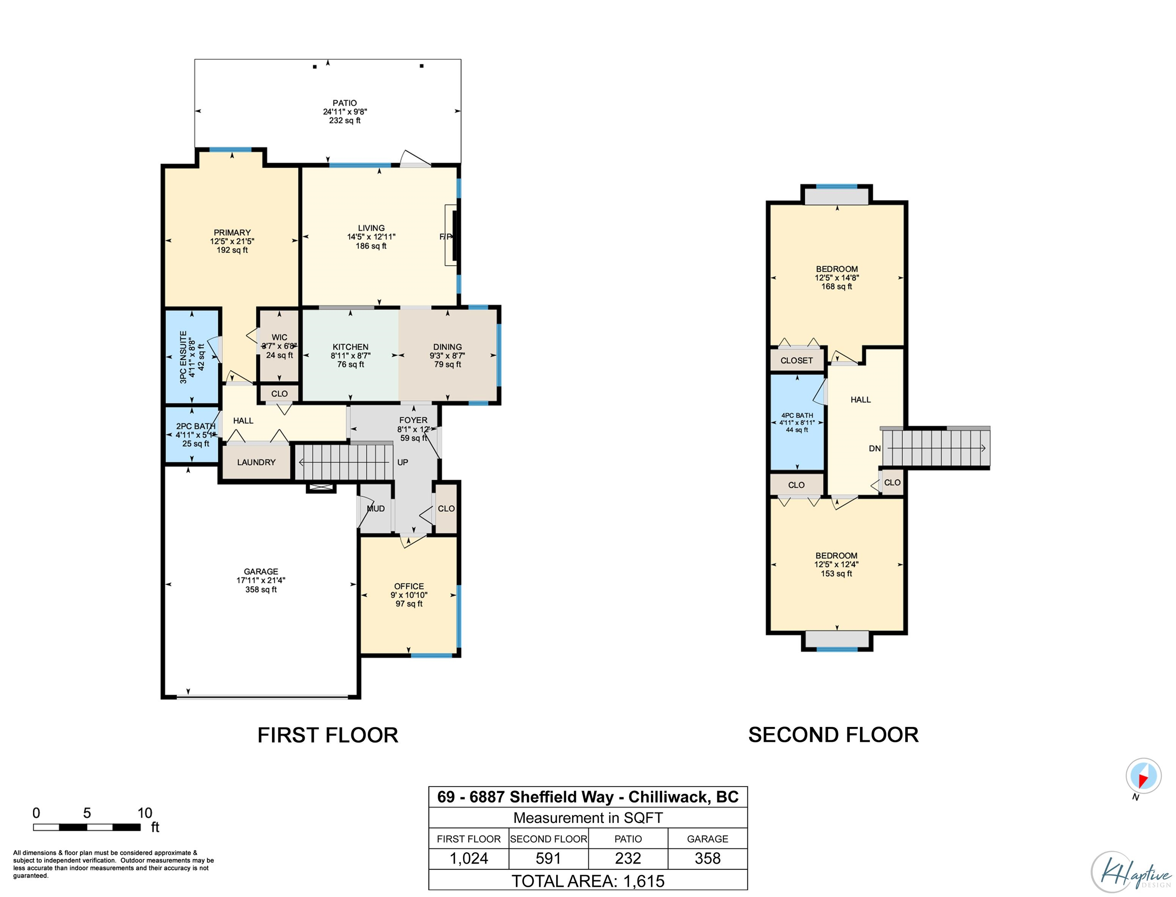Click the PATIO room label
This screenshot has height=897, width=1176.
tap(345, 103)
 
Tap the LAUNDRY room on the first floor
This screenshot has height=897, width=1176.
tap(256, 462)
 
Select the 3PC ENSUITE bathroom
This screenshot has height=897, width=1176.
tap(191, 357)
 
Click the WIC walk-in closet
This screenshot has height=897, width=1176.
tap(279, 346)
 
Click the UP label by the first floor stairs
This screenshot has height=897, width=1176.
tap(402, 463)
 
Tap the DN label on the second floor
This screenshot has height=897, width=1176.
tap(874, 448)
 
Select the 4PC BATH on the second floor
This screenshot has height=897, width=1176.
tap(797, 422)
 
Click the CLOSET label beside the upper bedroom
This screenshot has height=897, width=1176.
tap(796, 361)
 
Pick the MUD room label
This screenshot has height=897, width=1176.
tap(376, 508)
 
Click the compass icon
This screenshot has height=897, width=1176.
tap(1143, 776)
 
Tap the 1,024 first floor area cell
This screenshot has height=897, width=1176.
tap(469, 858)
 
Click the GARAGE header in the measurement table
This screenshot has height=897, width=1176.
tap(707, 839)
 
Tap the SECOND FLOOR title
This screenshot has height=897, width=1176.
tap(833, 735)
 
